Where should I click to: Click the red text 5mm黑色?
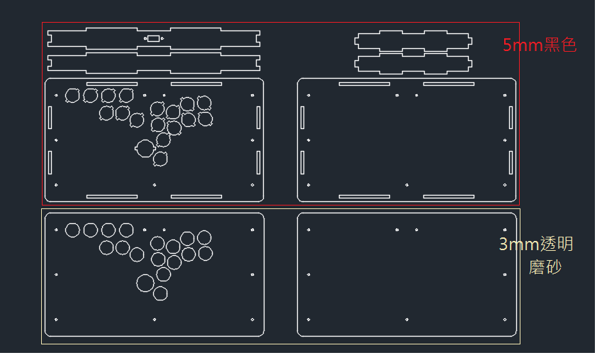coord(540,45)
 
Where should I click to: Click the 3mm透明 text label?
coord(536,244)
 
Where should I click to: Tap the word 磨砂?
coord(545,267)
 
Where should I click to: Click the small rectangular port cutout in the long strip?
coord(154,38)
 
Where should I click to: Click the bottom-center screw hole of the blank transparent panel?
coord(407,320)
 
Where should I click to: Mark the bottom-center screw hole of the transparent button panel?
coord(155,320)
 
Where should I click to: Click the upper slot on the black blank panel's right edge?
coord(511,118)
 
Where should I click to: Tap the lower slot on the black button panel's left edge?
coord(50,163)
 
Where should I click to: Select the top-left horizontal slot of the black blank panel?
coord(364,84)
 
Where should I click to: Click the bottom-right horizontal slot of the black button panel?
coord(196,196)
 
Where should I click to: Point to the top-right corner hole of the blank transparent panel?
coord(505,230)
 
